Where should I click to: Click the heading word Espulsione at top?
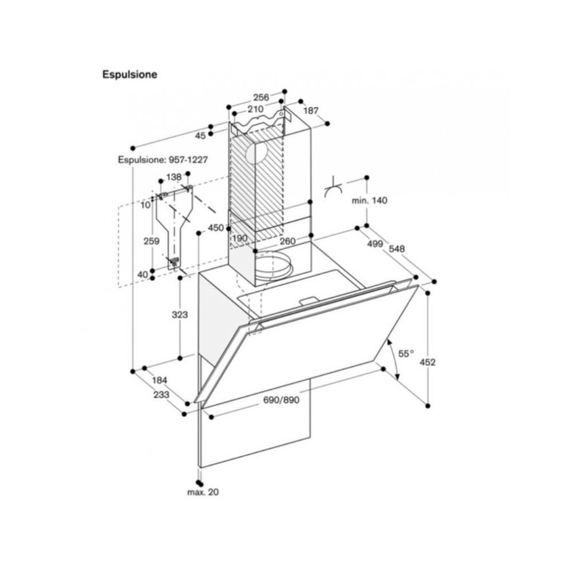129,74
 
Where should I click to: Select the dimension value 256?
261,97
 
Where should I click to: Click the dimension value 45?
200,136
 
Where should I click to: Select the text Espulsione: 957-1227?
163,160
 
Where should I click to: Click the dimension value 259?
151,241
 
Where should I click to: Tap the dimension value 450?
215,227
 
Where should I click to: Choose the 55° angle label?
405,354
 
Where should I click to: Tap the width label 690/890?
281,400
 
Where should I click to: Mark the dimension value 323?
180,314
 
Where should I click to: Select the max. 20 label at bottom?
202,492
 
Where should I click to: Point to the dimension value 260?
287,240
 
